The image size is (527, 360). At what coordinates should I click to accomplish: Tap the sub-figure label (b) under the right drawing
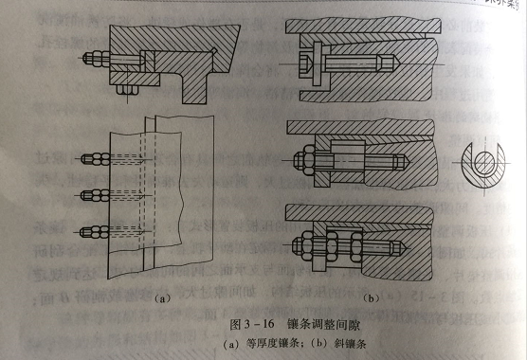(x=373, y=297)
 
